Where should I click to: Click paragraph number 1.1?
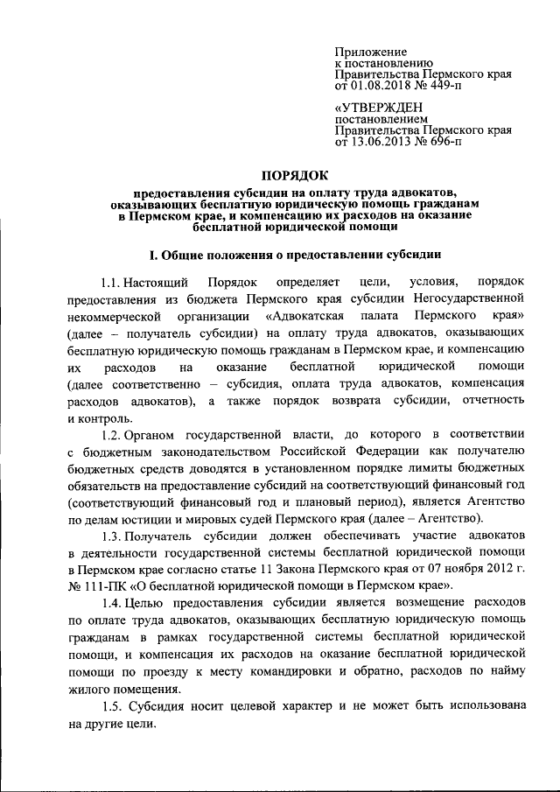[110, 284]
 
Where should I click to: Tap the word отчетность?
[489, 400]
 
